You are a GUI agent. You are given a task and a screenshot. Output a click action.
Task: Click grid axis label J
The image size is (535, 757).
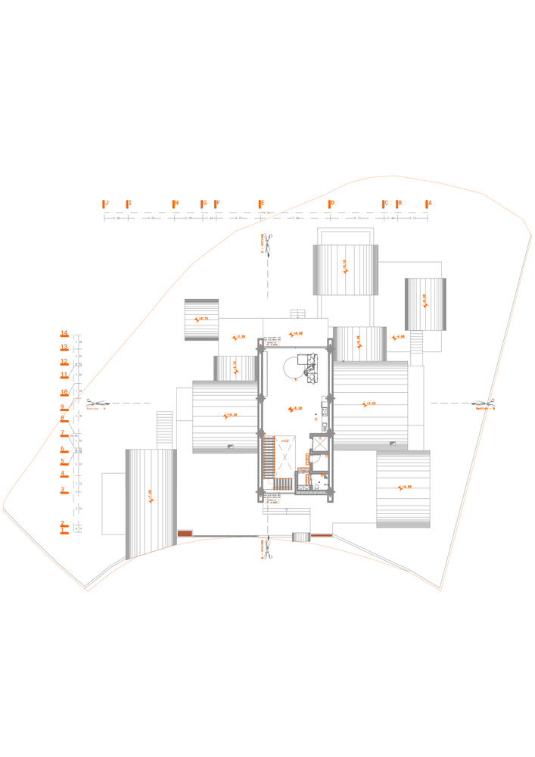106,204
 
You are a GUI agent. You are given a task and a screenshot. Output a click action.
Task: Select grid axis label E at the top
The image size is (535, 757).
262,204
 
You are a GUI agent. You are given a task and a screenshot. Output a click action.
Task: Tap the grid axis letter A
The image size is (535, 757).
429,204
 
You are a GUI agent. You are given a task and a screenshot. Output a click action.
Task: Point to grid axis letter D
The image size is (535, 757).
331,204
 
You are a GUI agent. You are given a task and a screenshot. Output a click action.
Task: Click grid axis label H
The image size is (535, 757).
176,204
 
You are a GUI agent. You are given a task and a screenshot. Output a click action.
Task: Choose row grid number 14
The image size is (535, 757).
65,333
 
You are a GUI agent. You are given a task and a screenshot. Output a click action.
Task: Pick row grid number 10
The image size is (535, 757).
65,392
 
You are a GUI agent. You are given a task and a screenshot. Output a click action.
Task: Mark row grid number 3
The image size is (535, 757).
64,490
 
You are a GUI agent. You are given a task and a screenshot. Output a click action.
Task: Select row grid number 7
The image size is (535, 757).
64,433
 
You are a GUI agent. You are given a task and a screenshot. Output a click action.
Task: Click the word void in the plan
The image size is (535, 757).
285,440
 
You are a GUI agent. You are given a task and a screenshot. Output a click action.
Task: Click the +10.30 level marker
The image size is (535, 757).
229,415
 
